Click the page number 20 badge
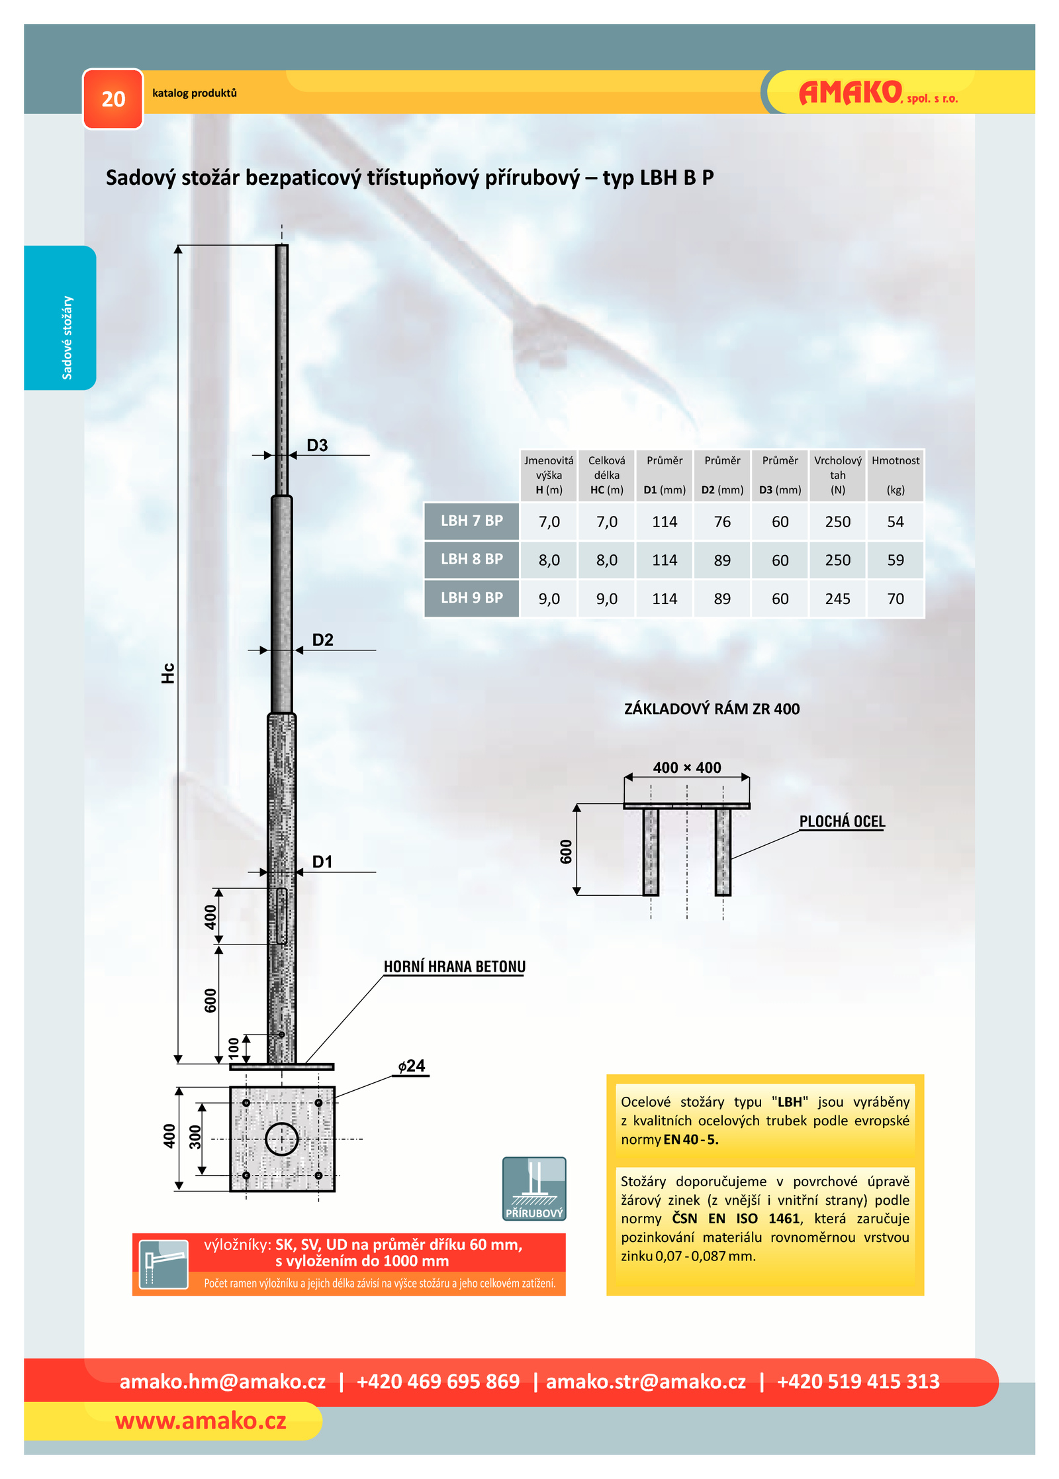(x=113, y=99)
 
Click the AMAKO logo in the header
(x=878, y=93)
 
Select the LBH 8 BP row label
(x=471, y=559)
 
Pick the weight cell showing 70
(x=895, y=599)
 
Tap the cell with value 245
(x=837, y=599)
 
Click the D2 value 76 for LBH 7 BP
(x=722, y=522)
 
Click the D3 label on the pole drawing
(x=317, y=445)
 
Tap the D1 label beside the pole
(x=322, y=861)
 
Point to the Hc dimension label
(x=168, y=673)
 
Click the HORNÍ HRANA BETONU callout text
(x=454, y=966)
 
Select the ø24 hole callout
(x=411, y=1066)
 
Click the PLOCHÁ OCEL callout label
(x=841, y=821)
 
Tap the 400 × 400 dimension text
(x=687, y=768)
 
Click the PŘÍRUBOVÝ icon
(x=534, y=1189)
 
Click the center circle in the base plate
(x=282, y=1139)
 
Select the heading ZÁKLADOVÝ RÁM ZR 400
(x=712, y=709)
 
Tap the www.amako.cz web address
(x=201, y=1421)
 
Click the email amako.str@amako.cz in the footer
(x=645, y=1382)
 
